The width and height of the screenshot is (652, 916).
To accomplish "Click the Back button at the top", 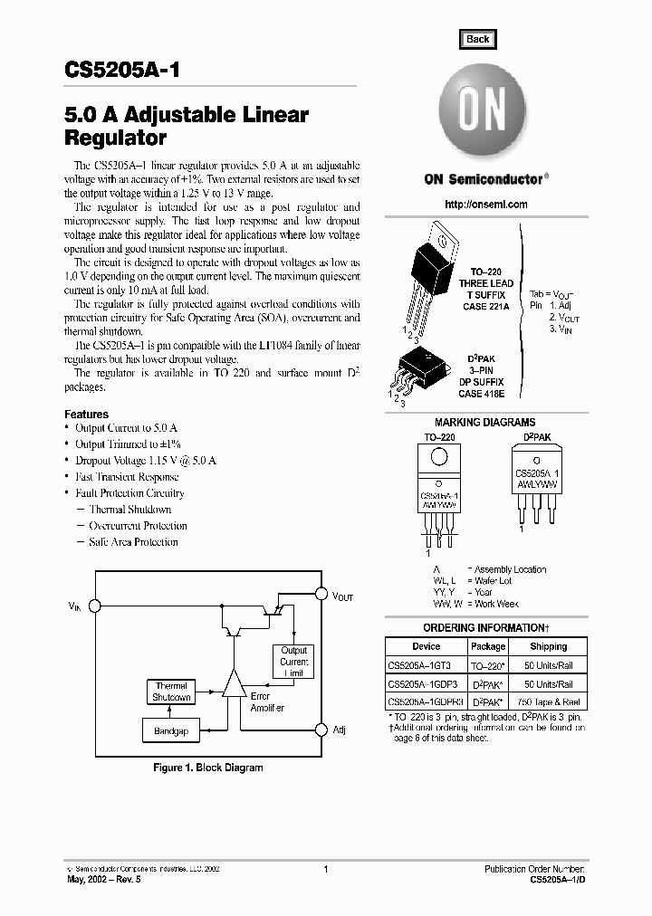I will (x=477, y=39).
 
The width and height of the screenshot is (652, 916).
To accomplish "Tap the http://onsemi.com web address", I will (x=486, y=205).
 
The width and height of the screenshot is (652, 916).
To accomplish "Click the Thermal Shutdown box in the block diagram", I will (x=171, y=692).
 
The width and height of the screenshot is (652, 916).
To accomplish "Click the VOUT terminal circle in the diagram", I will (x=320, y=594).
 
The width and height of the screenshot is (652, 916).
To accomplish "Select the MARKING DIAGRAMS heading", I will (x=484, y=423).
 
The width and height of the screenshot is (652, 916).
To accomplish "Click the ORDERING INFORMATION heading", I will (x=484, y=628).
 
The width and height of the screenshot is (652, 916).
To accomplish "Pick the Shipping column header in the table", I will (x=548, y=646).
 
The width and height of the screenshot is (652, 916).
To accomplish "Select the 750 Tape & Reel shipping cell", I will (x=548, y=702).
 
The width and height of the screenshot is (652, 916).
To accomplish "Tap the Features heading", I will (x=87, y=415).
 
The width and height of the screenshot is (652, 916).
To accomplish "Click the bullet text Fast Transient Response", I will (x=128, y=477).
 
